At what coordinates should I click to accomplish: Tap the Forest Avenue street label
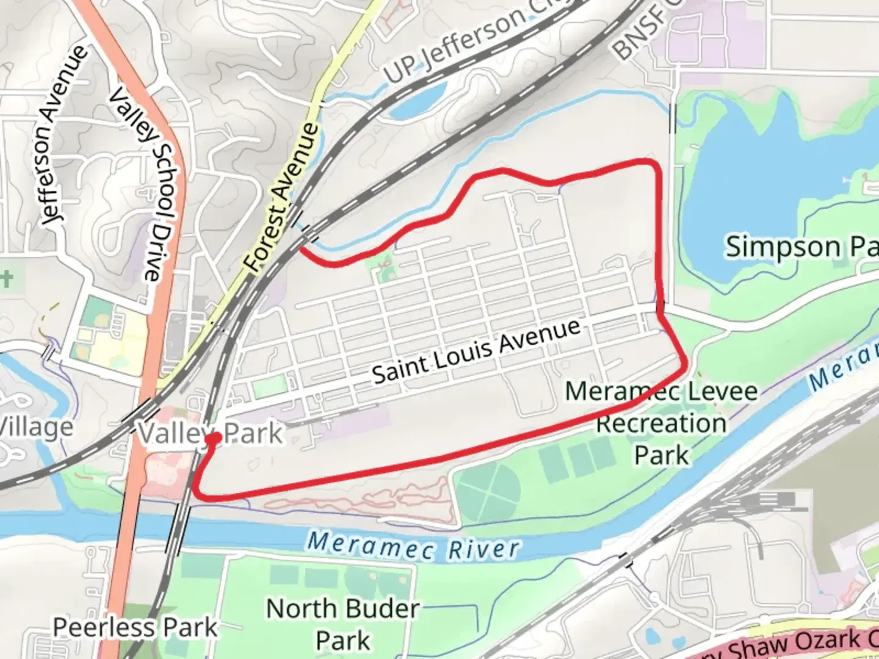[282, 197]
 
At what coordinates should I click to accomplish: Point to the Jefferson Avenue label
[63, 135]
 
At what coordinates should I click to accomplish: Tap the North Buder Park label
[342, 624]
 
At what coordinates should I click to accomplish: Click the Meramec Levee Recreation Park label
[661, 423]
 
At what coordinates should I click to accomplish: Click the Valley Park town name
[210, 433]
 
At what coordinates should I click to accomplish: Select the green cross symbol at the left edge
[5, 279]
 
